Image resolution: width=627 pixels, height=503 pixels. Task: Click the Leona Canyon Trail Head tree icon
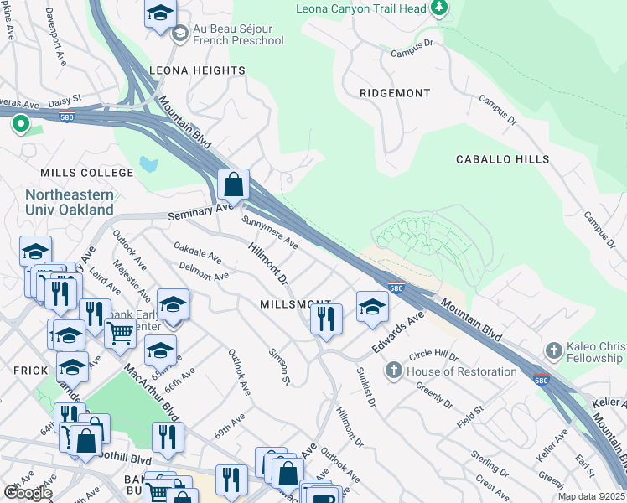(x=438, y=8)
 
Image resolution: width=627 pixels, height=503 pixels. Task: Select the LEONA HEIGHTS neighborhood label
(x=197, y=71)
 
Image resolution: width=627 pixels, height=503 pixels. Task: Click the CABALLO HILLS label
(x=502, y=159)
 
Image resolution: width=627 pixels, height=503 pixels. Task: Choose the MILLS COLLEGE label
(x=87, y=173)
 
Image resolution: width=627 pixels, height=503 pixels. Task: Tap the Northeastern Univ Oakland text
(x=69, y=202)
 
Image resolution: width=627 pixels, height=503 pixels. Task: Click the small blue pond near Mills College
(x=148, y=163)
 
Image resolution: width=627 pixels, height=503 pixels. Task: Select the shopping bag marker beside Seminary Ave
(x=234, y=184)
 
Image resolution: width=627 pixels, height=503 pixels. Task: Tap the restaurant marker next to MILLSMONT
(x=325, y=319)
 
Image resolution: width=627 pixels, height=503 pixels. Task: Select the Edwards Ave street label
(x=401, y=321)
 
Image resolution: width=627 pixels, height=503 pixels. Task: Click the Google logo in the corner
(x=27, y=493)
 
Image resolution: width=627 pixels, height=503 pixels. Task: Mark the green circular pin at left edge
(x=21, y=126)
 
